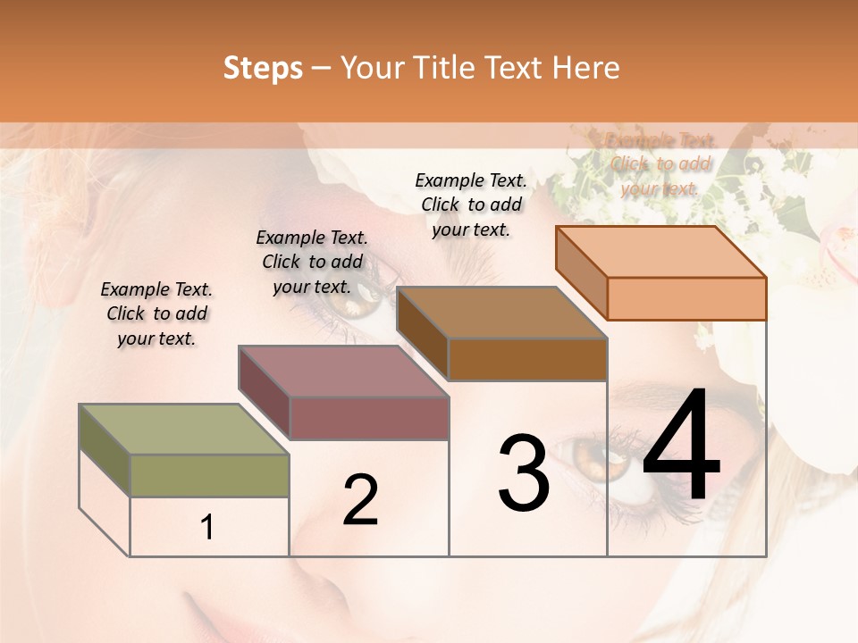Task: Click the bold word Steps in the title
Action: [x=263, y=68]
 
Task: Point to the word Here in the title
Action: [x=585, y=68]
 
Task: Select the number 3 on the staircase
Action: [x=524, y=472]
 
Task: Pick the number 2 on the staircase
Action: [x=360, y=499]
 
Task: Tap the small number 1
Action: [x=207, y=527]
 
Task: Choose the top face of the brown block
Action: [x=501, y=313]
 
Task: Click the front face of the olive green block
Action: [x=209, y=475]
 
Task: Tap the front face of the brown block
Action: [x=527, y=359]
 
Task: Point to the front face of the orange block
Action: [x=686, y=298]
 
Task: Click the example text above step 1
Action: [x=156, y=313]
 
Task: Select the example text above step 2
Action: [x=312, y=262]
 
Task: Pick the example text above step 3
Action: [x=471, y=205]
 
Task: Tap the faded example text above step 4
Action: [x=660, y=163]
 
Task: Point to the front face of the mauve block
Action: [x=369, y=418]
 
